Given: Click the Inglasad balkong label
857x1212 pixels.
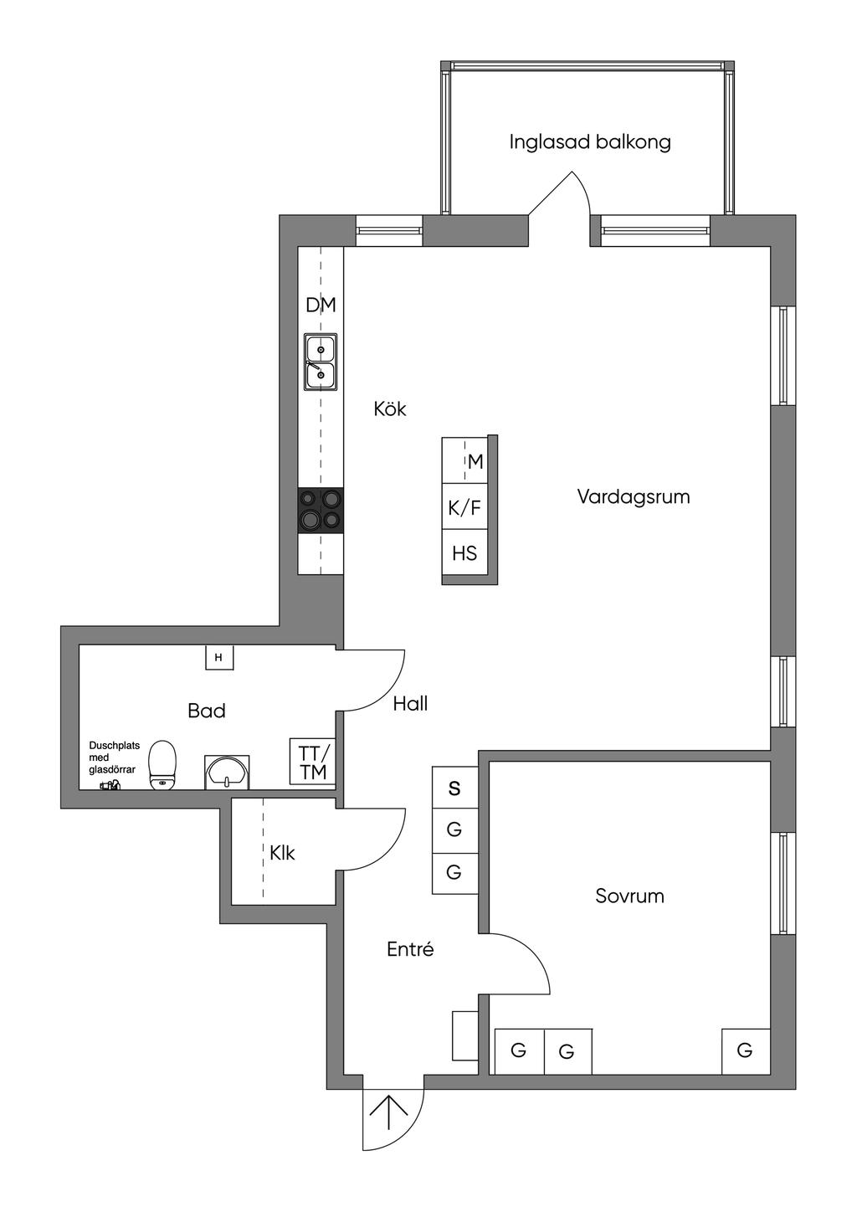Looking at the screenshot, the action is pos(590,142).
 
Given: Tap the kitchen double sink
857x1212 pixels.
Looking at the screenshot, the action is pos(321,362).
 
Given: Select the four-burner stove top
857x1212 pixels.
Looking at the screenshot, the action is pos(321,510).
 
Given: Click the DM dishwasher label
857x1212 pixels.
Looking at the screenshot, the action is pos(321,306).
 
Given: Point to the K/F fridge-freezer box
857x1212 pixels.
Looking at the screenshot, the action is pos(464,507).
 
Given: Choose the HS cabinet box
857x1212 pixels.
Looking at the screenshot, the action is pos(464,553).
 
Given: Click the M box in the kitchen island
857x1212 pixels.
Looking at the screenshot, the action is pos(475,461).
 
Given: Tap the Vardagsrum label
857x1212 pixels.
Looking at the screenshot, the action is pos(634,497).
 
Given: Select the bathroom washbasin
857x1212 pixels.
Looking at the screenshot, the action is pos(227,772).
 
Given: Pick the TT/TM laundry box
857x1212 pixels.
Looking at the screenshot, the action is pos(313,762).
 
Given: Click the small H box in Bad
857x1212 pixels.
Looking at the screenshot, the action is pos(219,658).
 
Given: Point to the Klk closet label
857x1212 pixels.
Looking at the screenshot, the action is pos(282,853).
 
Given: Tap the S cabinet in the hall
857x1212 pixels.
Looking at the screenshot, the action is pos(454,788).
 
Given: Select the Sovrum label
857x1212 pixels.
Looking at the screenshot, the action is pos(629,896).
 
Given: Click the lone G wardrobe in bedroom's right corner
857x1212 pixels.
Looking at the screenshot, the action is pos(745,1050).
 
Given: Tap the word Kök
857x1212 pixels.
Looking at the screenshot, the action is pos(390,409).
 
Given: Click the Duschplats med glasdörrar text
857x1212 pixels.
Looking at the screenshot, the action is pos(114,757).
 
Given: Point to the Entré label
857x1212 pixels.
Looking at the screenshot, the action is pos(410,950).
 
